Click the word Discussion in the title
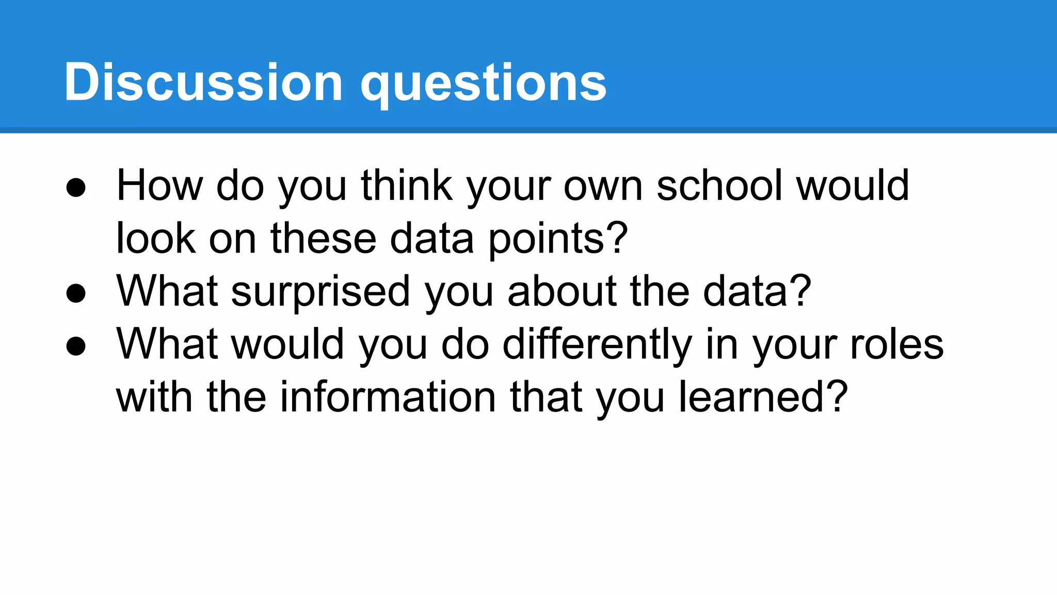click(203, 82)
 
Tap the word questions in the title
click(484, 84)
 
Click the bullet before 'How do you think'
click(76, 188)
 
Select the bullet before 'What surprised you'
click(76, 293)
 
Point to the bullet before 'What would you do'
click(76, 346)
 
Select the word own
click(603, 187)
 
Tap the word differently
click(597, 345)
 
